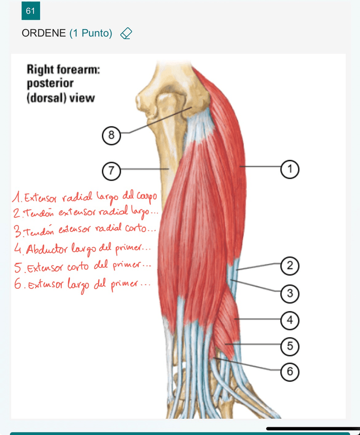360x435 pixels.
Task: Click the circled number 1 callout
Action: [x=290, y=168]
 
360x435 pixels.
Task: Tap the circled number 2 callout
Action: [x=290, y=266]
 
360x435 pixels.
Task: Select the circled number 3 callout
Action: [x=290, y=293]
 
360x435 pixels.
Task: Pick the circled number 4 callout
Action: [x=290, y=320]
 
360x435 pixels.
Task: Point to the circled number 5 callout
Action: [x=290, y=346]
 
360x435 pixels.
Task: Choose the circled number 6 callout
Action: [x=290, y=371]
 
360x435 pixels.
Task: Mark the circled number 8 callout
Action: [x=111, y=135]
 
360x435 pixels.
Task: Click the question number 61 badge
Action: [x=30, y=11]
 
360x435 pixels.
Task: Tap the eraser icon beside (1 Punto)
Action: [x=126, y=34]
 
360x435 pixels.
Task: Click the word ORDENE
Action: [x=44, y=33]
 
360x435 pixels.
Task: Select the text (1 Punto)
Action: [x=90, y=33]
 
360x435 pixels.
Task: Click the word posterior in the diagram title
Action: [x=50, y=83]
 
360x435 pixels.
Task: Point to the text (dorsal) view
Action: [x=60, y=97]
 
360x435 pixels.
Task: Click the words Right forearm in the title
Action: [x=63, y=69]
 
